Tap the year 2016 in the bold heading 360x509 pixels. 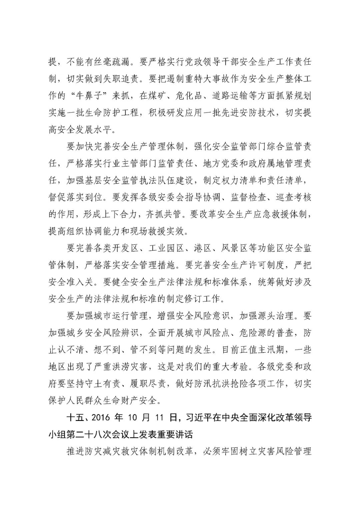pyautogui.click(x=100, y=418)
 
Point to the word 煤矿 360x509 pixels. pyautogui.click(x=157, y=96)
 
